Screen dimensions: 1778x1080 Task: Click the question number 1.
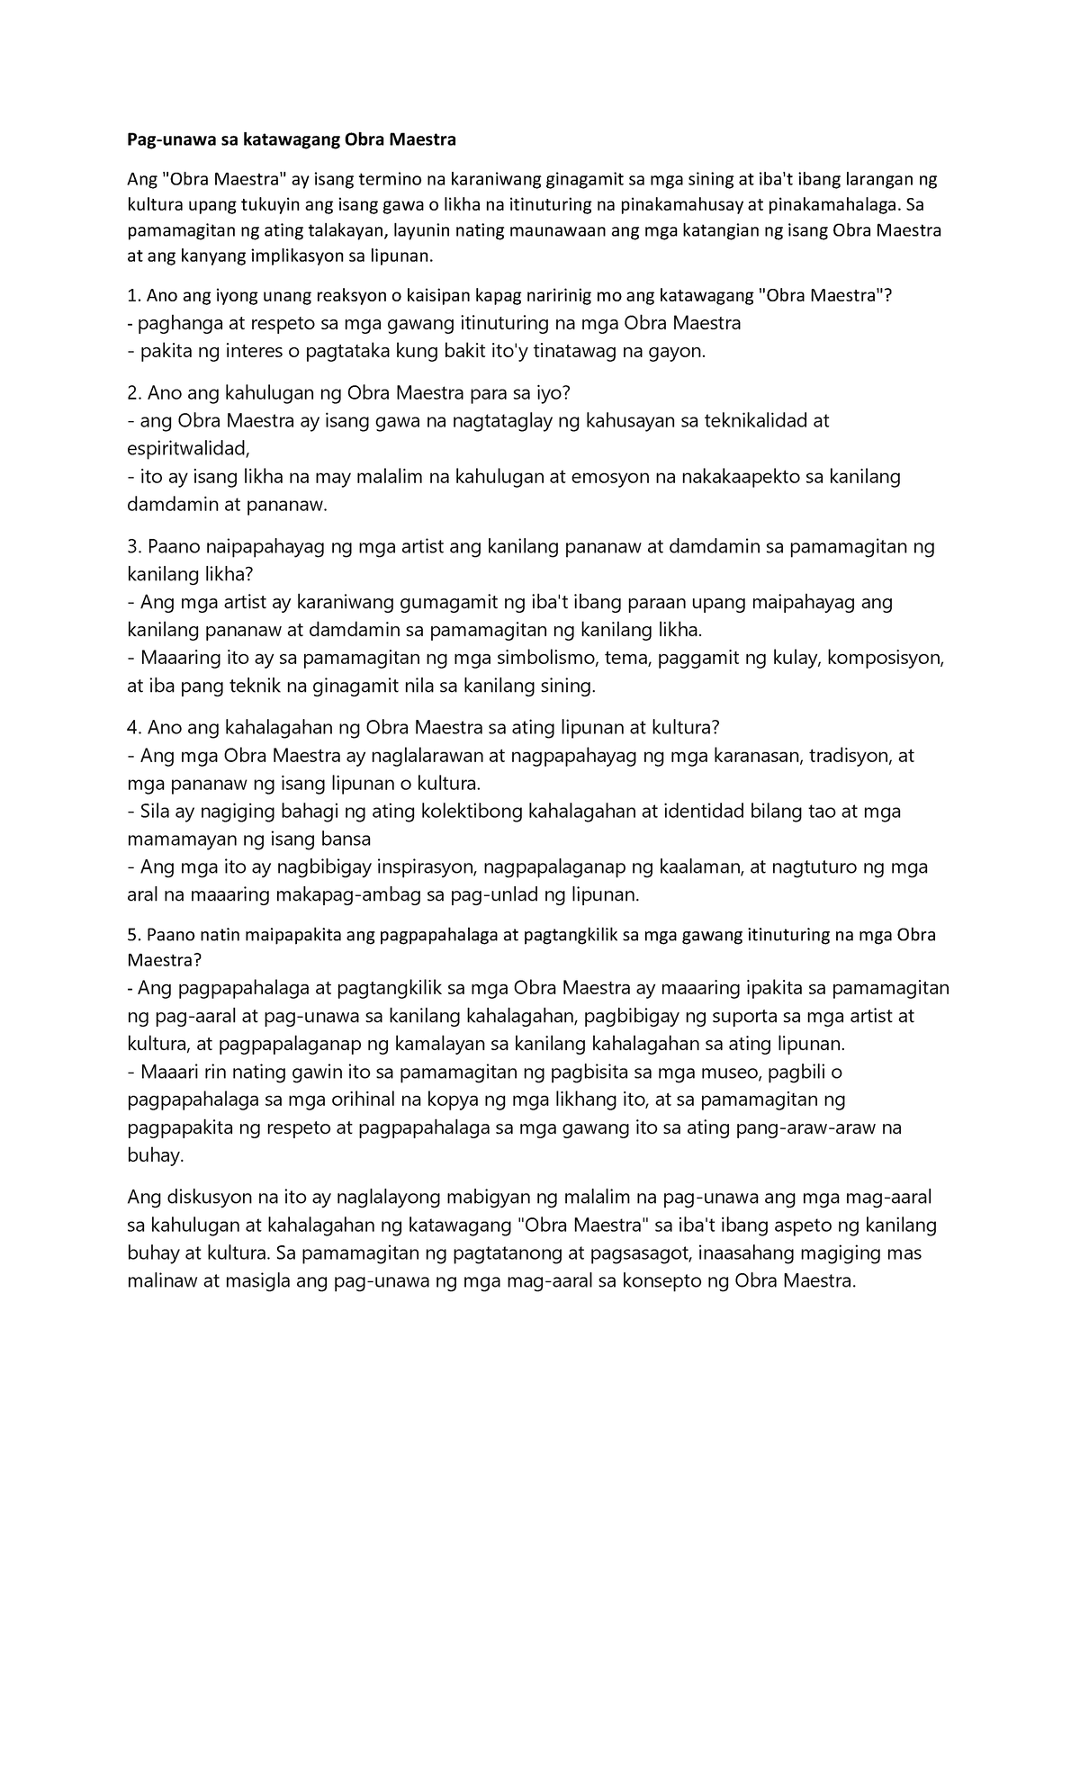coord(132,296)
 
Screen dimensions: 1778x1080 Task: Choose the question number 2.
coord(133,393)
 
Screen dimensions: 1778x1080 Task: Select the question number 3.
coord(133,546)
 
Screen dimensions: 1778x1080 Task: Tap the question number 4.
coord(133,727)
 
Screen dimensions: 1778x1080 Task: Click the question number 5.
coord(132,935)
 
